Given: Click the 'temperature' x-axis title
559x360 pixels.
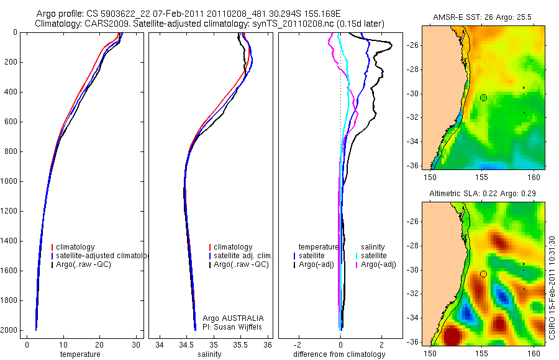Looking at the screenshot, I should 80,354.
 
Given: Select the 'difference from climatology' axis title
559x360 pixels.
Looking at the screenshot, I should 340,354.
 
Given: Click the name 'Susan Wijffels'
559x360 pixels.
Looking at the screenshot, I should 239,326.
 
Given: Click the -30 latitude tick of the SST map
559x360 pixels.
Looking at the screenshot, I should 412,94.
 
